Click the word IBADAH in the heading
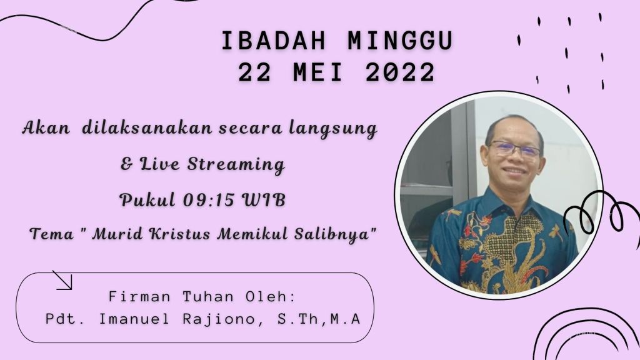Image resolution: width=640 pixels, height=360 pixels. coord(274,41)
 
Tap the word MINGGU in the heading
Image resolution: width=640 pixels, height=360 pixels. coord(401,41)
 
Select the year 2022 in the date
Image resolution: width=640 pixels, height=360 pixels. coord(401,72)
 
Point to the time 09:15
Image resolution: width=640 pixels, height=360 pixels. coord(208,200)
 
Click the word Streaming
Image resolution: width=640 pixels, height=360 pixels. coord(236,164)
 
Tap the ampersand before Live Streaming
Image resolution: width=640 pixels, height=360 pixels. coord(127,164)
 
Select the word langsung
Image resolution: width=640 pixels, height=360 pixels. coord(333,129)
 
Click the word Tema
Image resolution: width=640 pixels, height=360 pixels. coord(52,234)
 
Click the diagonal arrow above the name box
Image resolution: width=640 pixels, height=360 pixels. coord(62,280)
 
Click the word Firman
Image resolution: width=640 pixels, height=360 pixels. coord(139,296)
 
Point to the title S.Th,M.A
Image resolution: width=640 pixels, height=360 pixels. coord(319,319)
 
